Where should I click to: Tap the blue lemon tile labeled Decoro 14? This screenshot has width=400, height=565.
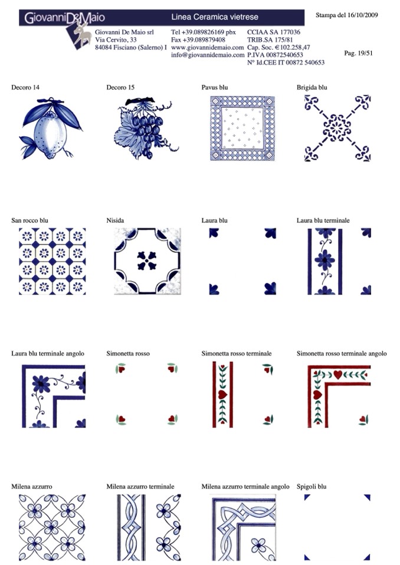tap(51, 128)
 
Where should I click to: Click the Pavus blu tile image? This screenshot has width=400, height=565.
tap(242, 128)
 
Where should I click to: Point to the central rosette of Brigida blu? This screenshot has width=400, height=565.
tap(337, 128)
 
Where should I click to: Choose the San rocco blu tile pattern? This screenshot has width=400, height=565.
tap(53, 261)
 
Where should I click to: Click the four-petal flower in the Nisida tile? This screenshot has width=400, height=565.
tap(147, 260)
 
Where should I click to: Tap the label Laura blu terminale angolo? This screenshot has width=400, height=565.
tap(48, 353)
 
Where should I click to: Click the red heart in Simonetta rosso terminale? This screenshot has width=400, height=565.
tap(222, 394)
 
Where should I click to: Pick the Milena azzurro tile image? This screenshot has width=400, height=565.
tap(53, 527)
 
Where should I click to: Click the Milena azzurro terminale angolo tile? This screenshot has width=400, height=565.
tap(242, 528)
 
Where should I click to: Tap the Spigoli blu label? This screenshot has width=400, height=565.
tap(312, 487)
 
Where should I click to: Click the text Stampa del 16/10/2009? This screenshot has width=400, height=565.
tap(347, 15)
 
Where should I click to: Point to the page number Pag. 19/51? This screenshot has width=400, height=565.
tap(358, 54)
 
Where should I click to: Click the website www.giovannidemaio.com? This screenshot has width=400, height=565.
tap(208, 47)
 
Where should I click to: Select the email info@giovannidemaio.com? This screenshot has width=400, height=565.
tap(208, 55)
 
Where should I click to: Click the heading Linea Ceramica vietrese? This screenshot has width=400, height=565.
tap(215, 17)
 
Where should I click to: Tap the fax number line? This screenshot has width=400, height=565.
tap(198, 39)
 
